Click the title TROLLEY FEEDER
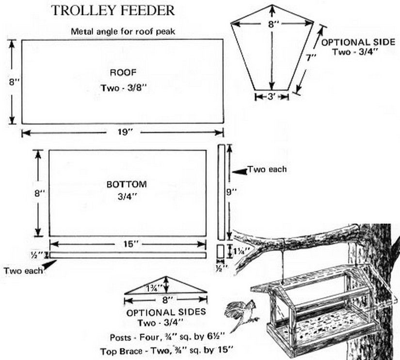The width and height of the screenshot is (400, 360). (x=113, y=10)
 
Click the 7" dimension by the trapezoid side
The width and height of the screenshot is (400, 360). (x=311, y=58)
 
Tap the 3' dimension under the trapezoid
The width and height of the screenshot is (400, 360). (x=272, y=96)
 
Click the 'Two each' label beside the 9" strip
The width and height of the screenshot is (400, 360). (x=267, y=170)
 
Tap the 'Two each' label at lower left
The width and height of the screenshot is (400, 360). (x=23, y=270)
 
